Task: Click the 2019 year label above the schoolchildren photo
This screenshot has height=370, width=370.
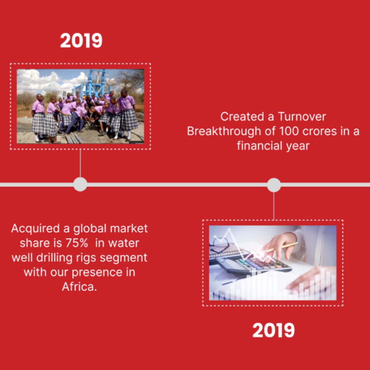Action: pyautogui.click(x=81, y=40)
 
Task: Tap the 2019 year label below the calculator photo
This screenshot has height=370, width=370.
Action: pyautogui.click(x=273, y=330)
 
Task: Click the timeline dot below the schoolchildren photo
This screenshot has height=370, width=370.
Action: pyautogui.click(x=80, y=184)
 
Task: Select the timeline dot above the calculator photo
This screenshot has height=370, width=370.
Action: pyautogui.click(x=274, y=185)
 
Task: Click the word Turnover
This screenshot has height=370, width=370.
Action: pyautogui.click(x=302, y=116)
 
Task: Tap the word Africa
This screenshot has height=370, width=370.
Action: pyautogui.click(x=79, y=287)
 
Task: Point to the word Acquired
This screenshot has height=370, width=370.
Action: pyautogui.click(x=35, y=229)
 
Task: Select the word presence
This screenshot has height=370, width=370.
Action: pyautogui.click(x=97, y=273)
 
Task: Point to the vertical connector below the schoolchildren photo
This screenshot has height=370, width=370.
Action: pyautogui.click(x=80, y=163)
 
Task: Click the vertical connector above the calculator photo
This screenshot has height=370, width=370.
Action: pyautogui.click(x=274, y=206)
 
